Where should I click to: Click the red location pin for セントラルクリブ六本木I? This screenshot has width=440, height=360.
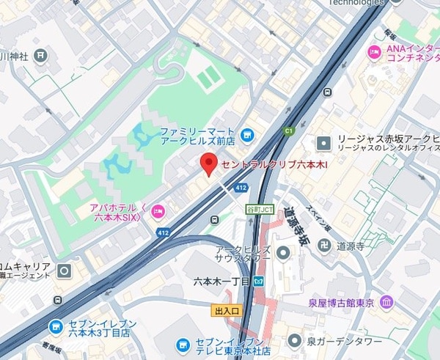pyautogui.click(x=209, y=164)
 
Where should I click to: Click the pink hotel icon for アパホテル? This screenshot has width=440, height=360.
pyautogui.click(x=157, y=212)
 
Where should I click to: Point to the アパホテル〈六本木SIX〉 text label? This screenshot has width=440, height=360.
pyautogui.click(x=120, y=211)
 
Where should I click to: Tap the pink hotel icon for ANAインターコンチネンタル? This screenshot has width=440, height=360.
pyautogui.click(x=373, y=51)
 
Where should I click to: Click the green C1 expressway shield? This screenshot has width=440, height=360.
pyautogui.click(x=288, y=131)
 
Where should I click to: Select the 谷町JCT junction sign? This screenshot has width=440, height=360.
pyautogui.click(x=259, y=208)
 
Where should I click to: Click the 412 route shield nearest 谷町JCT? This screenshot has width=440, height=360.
pyautogui.click(x=241, y=188)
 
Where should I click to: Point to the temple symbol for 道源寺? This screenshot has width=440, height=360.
pyautogui.click(x=323, y=246)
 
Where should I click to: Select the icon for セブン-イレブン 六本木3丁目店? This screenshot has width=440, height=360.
pyautogui.click(x=55, y=326)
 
